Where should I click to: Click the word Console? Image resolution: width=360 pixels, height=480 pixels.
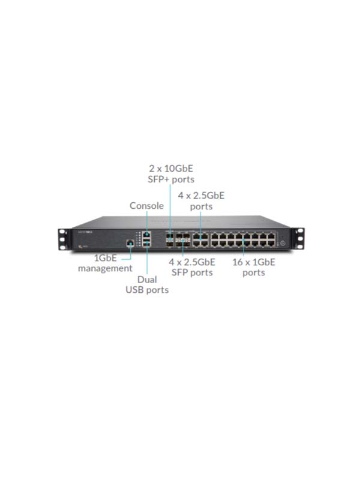coord(146,205)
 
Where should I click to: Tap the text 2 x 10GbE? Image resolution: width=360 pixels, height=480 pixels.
coord(171,168)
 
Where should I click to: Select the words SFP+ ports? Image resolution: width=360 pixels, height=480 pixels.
coord(171,179)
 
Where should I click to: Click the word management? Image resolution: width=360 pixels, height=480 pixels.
coord(105,268)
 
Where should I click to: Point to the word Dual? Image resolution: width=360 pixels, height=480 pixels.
coord(147,279)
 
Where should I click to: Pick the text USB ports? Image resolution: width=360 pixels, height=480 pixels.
coord(147,290)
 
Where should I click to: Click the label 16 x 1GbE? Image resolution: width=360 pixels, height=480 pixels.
coord(253,262)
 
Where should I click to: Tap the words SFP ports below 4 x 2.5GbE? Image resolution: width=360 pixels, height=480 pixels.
coord(192,272)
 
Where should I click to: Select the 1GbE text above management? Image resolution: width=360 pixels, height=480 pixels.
coord(106,258)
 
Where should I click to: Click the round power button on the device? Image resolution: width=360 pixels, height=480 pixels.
coord(282,243)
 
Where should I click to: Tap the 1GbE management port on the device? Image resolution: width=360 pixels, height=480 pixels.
coord(130,244)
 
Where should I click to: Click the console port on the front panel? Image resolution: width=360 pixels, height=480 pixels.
coord(147,235)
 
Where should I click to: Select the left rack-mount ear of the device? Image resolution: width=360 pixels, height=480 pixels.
coord(62,239)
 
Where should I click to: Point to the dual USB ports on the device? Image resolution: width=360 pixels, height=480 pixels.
coord(147,244)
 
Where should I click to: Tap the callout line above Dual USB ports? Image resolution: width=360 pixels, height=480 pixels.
coord(147,259)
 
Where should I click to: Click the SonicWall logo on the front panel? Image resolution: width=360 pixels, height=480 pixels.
coord(85,232)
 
